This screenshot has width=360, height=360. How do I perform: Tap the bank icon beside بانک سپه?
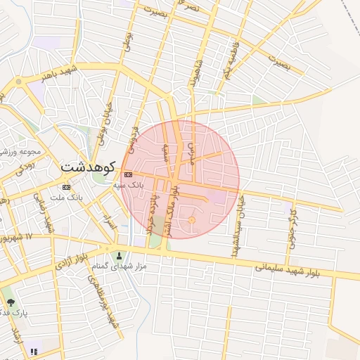(x=127, y=174)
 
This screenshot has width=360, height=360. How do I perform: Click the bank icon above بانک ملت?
(x=66, y=187)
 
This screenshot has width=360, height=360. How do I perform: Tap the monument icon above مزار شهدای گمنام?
(x=118, y=255)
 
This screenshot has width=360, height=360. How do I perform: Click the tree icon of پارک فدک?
(x=10, y=302)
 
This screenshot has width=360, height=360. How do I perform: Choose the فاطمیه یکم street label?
(x=229, y=63)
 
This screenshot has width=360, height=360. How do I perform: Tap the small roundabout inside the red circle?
(x=192, y=221)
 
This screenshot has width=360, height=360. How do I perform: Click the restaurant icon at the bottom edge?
(x=34, y=352)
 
